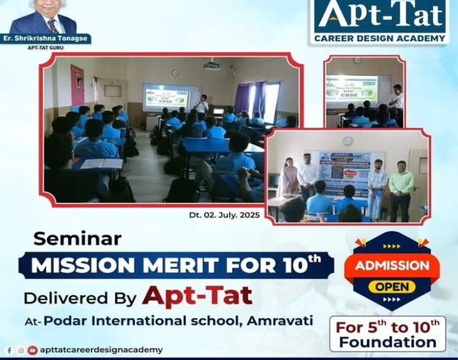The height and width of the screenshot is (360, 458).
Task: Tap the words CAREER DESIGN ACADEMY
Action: click(x=379, y=39)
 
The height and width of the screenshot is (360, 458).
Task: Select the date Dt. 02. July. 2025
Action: click(x=234, y=215)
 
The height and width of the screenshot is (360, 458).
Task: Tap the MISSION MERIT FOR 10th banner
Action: click(x=175, y=265)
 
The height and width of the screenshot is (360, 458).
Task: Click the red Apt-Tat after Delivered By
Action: click(x=198, y=295)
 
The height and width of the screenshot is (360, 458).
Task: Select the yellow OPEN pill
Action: click(x=391, y=286)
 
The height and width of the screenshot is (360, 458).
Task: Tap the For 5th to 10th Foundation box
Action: click(x=387, y=333)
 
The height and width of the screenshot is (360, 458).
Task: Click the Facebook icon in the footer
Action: click(x=9, y=350)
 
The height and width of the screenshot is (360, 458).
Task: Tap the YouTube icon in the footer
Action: click(x=32, y=350)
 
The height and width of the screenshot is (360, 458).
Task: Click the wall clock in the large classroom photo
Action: click(x=175, y=73)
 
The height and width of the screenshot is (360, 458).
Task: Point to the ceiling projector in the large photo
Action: click(x=211, y=65)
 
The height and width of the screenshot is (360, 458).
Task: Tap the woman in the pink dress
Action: click(x=288, y=180)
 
